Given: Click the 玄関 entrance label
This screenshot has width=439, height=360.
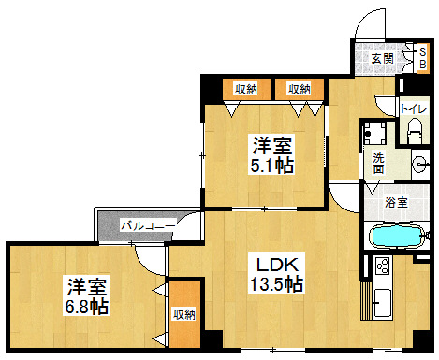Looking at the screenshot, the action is (x=382, y=58).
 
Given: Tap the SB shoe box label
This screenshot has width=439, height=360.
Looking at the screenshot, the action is (x=423, y=58).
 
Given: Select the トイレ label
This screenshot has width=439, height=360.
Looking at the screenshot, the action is (x=414, y=108).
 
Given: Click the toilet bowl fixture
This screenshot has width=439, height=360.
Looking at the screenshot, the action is (x=415, y=131).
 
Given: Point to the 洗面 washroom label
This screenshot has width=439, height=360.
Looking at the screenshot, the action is (x=378, y=164).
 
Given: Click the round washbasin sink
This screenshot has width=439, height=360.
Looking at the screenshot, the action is (x=420, y=164).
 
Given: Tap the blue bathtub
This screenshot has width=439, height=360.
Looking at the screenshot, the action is (x=397, y=236).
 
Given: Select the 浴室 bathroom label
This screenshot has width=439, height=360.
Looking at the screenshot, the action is (x=396, y=202).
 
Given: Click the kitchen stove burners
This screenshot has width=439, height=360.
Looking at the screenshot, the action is (x=383, y=266).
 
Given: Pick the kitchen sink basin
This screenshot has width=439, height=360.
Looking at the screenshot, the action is (x=383, y=302).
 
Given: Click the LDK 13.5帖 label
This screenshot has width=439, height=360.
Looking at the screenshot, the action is (x=277, y=273).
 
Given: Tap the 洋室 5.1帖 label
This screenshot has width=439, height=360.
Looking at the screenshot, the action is (x=272, y=154).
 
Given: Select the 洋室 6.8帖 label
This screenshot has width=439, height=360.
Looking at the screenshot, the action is (x=86, y=295).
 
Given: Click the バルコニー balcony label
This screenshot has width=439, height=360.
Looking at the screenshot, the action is (x=148, y=225).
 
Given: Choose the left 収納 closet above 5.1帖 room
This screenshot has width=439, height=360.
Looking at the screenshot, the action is (x=246, y=89).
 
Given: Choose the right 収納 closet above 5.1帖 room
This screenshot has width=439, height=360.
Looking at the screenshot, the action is (x=300, y=89).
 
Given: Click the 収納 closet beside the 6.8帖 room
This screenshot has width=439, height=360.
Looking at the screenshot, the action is (x=184, y=314).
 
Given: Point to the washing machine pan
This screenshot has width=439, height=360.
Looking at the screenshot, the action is (x=375, y=134).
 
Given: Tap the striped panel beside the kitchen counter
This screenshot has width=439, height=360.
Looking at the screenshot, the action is (x=366, y=301).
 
